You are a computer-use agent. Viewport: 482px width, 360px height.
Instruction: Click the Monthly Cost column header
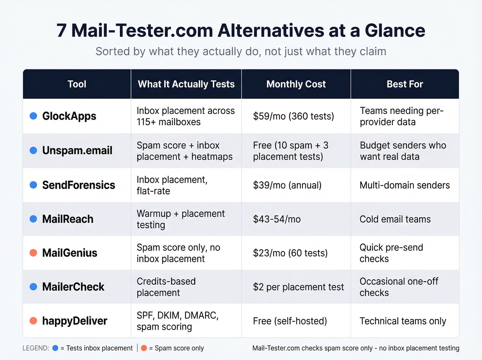[296, 84]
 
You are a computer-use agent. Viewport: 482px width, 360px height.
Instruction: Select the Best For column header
[405, 84]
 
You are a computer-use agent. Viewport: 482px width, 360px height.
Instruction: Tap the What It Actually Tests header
[186, 84]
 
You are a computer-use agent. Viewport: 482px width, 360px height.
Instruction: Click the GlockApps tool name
[69, 116]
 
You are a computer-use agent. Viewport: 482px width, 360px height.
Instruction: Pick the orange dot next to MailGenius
[33, 253]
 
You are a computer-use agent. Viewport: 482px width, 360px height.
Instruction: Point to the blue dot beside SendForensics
[33, 185]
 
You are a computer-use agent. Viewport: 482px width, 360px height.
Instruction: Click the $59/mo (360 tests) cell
[293, 116]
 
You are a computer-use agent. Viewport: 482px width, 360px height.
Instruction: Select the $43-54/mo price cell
[277, 219]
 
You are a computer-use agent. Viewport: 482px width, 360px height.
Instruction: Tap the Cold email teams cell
[395, 219]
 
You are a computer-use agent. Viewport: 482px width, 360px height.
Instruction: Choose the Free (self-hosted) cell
[290, 321]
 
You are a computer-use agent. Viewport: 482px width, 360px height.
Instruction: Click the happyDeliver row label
[75, 321]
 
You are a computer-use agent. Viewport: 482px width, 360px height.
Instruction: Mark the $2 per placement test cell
[298, 287]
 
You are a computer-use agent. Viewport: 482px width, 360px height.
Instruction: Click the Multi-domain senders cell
[405, 185]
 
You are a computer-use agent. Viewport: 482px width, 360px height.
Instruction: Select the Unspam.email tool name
[77, 151]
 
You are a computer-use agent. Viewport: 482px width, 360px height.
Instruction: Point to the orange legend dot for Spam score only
[144, 348]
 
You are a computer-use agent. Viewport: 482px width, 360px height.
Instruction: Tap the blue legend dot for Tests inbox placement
[55, 348]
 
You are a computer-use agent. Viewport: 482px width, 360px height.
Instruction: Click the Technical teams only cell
[403, 321]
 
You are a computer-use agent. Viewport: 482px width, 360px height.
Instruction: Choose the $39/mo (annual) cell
[287, 185]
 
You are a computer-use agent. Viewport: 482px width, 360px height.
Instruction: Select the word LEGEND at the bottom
[35, 348]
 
